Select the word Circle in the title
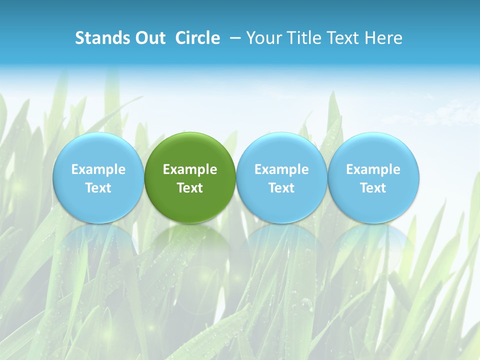tap(197, 38)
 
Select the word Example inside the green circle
tap(190, 169)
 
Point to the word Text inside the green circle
tap(190, 188)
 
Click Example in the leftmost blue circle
tap(98, 169)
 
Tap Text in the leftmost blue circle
tap(98, 188)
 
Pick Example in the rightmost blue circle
tap(373, 169)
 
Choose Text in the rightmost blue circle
tap(373, 188)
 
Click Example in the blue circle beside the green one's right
tap(282, 169)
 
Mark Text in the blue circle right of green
tap(282, 188)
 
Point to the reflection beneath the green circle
tap(190, 245)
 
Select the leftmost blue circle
tap(98, 150)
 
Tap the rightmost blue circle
tap(373, 150)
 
